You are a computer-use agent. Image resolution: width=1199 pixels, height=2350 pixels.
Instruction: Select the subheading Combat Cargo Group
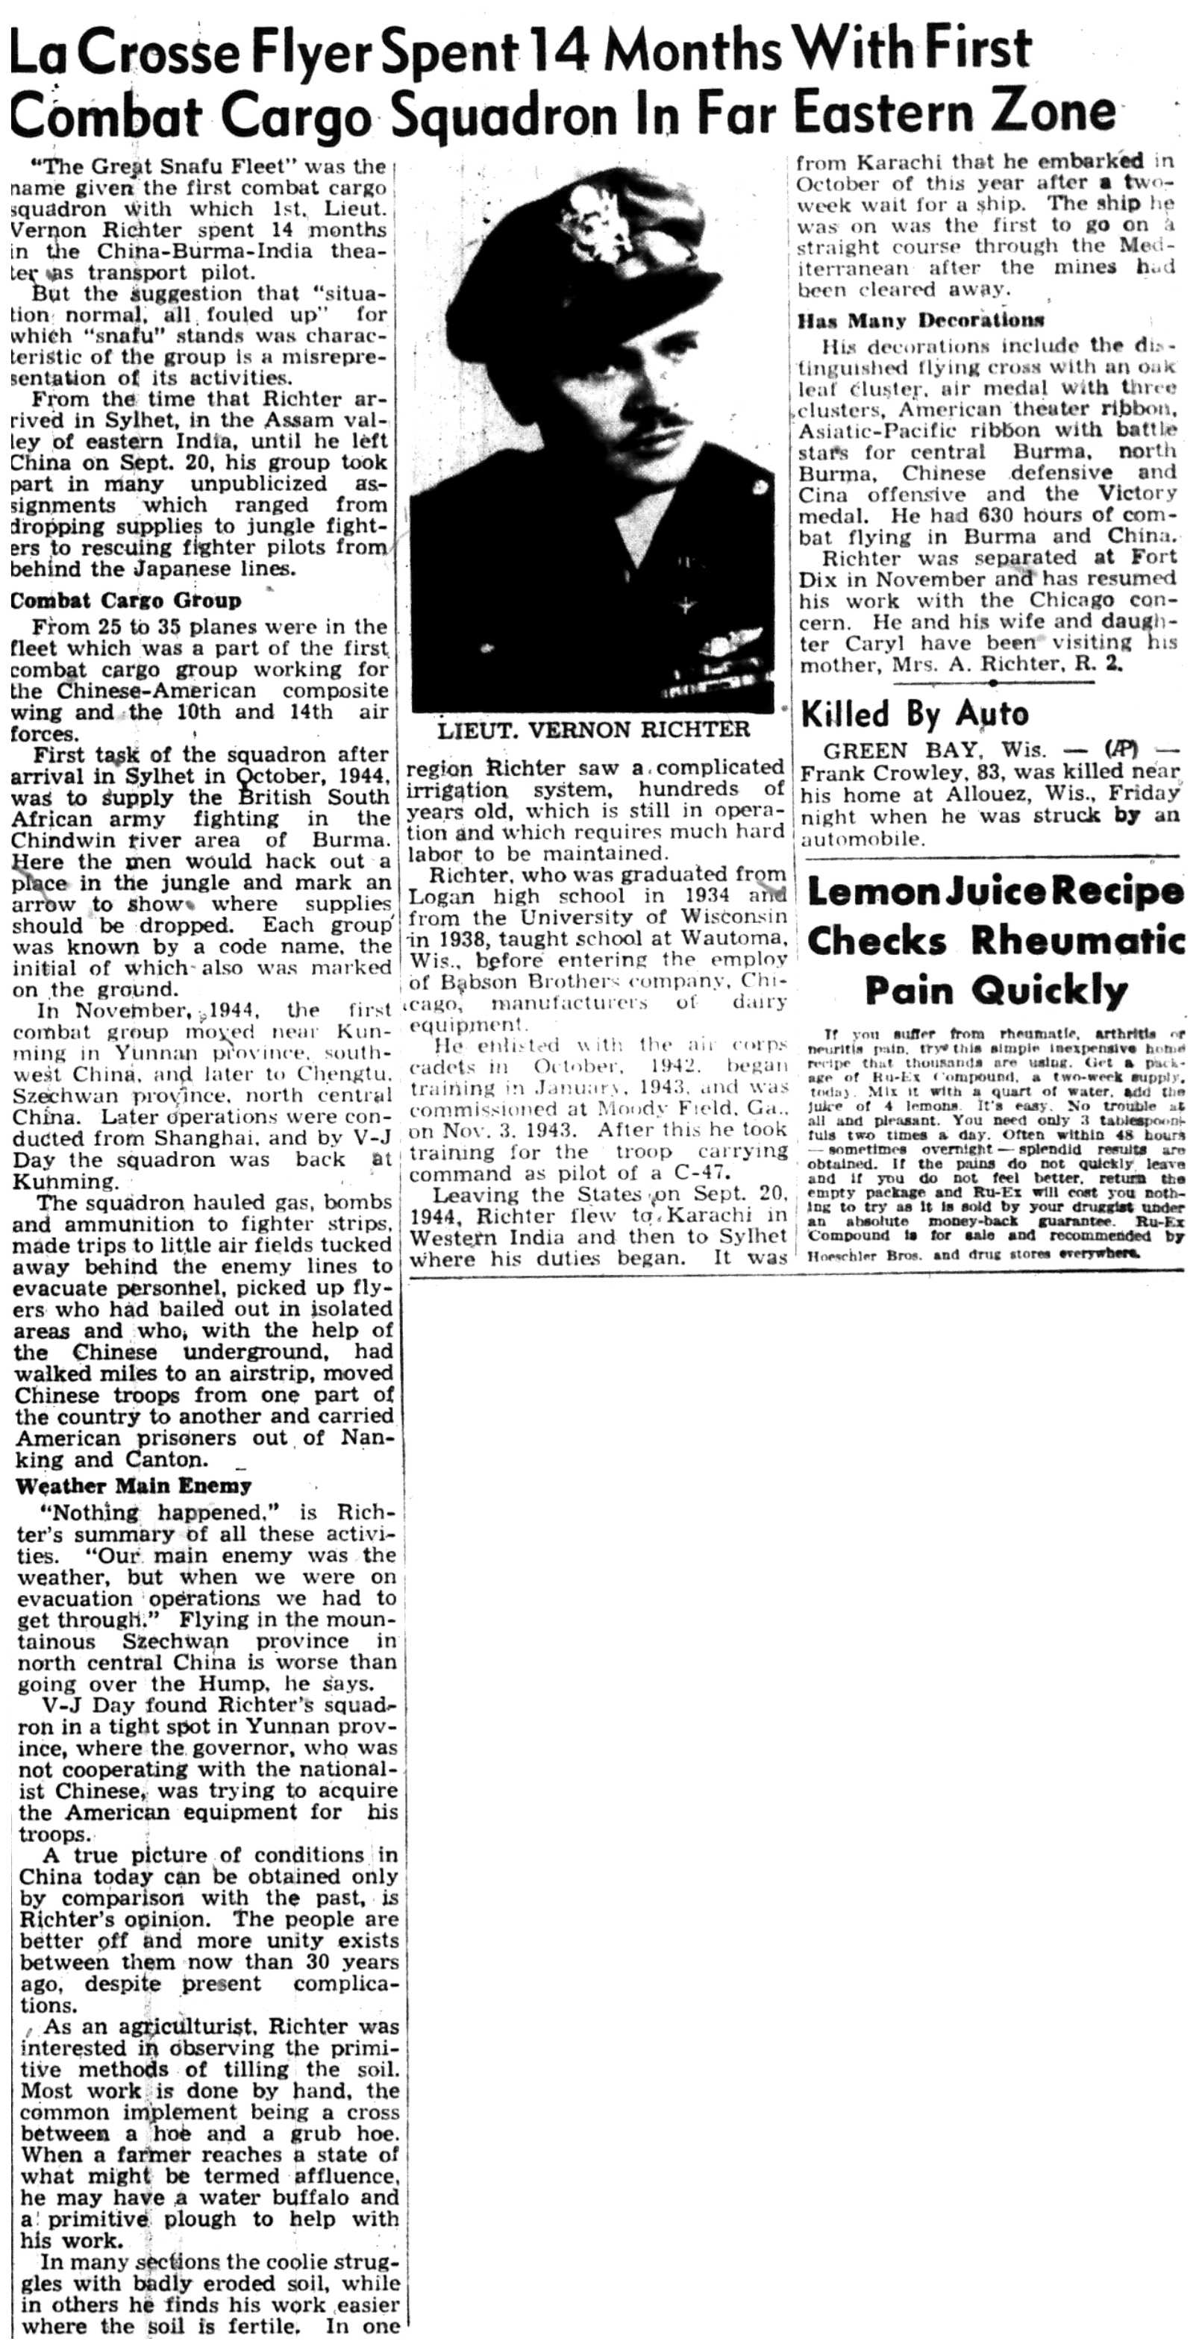click(x=126, y=601)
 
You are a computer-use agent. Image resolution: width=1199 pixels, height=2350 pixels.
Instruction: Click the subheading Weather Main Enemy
click(x=134, y=1486)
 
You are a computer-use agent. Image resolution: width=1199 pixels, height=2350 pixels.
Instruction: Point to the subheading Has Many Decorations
click(x=921, y=320)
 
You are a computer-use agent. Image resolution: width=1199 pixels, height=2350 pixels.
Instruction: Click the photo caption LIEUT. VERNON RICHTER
click(x=593, y=730)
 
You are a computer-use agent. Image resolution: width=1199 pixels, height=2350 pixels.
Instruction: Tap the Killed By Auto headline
click(x=914, y=714)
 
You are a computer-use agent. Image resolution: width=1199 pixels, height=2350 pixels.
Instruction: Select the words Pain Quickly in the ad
click(x=995, y=989)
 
